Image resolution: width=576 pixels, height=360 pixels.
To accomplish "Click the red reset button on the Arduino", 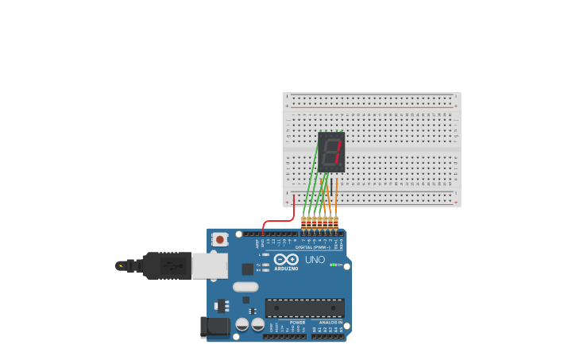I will tap(219, 238).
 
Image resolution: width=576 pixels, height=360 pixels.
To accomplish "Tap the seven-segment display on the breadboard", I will tap(332, 152).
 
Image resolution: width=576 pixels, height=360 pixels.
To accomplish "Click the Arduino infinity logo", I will tap(286, 259).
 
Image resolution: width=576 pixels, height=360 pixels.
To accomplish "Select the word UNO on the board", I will tap(315, 260).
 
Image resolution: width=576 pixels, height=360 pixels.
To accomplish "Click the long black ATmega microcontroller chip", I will tap(304, 308).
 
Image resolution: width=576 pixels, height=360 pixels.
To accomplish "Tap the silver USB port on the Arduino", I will tap(210, 265).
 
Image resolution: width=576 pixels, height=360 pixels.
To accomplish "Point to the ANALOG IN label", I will tap(331, 323).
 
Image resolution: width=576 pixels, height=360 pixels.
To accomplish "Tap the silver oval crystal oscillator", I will tap(245, 287).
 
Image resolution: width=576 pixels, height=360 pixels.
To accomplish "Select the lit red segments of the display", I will tap(338, 151).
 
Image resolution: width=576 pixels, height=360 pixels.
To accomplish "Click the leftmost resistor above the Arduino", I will tap(303, 222).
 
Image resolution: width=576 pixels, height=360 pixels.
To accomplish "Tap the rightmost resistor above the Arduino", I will tap(336, 222).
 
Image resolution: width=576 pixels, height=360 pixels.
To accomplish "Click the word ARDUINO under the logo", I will tap(286, 269).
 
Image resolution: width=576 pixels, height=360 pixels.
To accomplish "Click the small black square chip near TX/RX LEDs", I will tap(248, 269).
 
